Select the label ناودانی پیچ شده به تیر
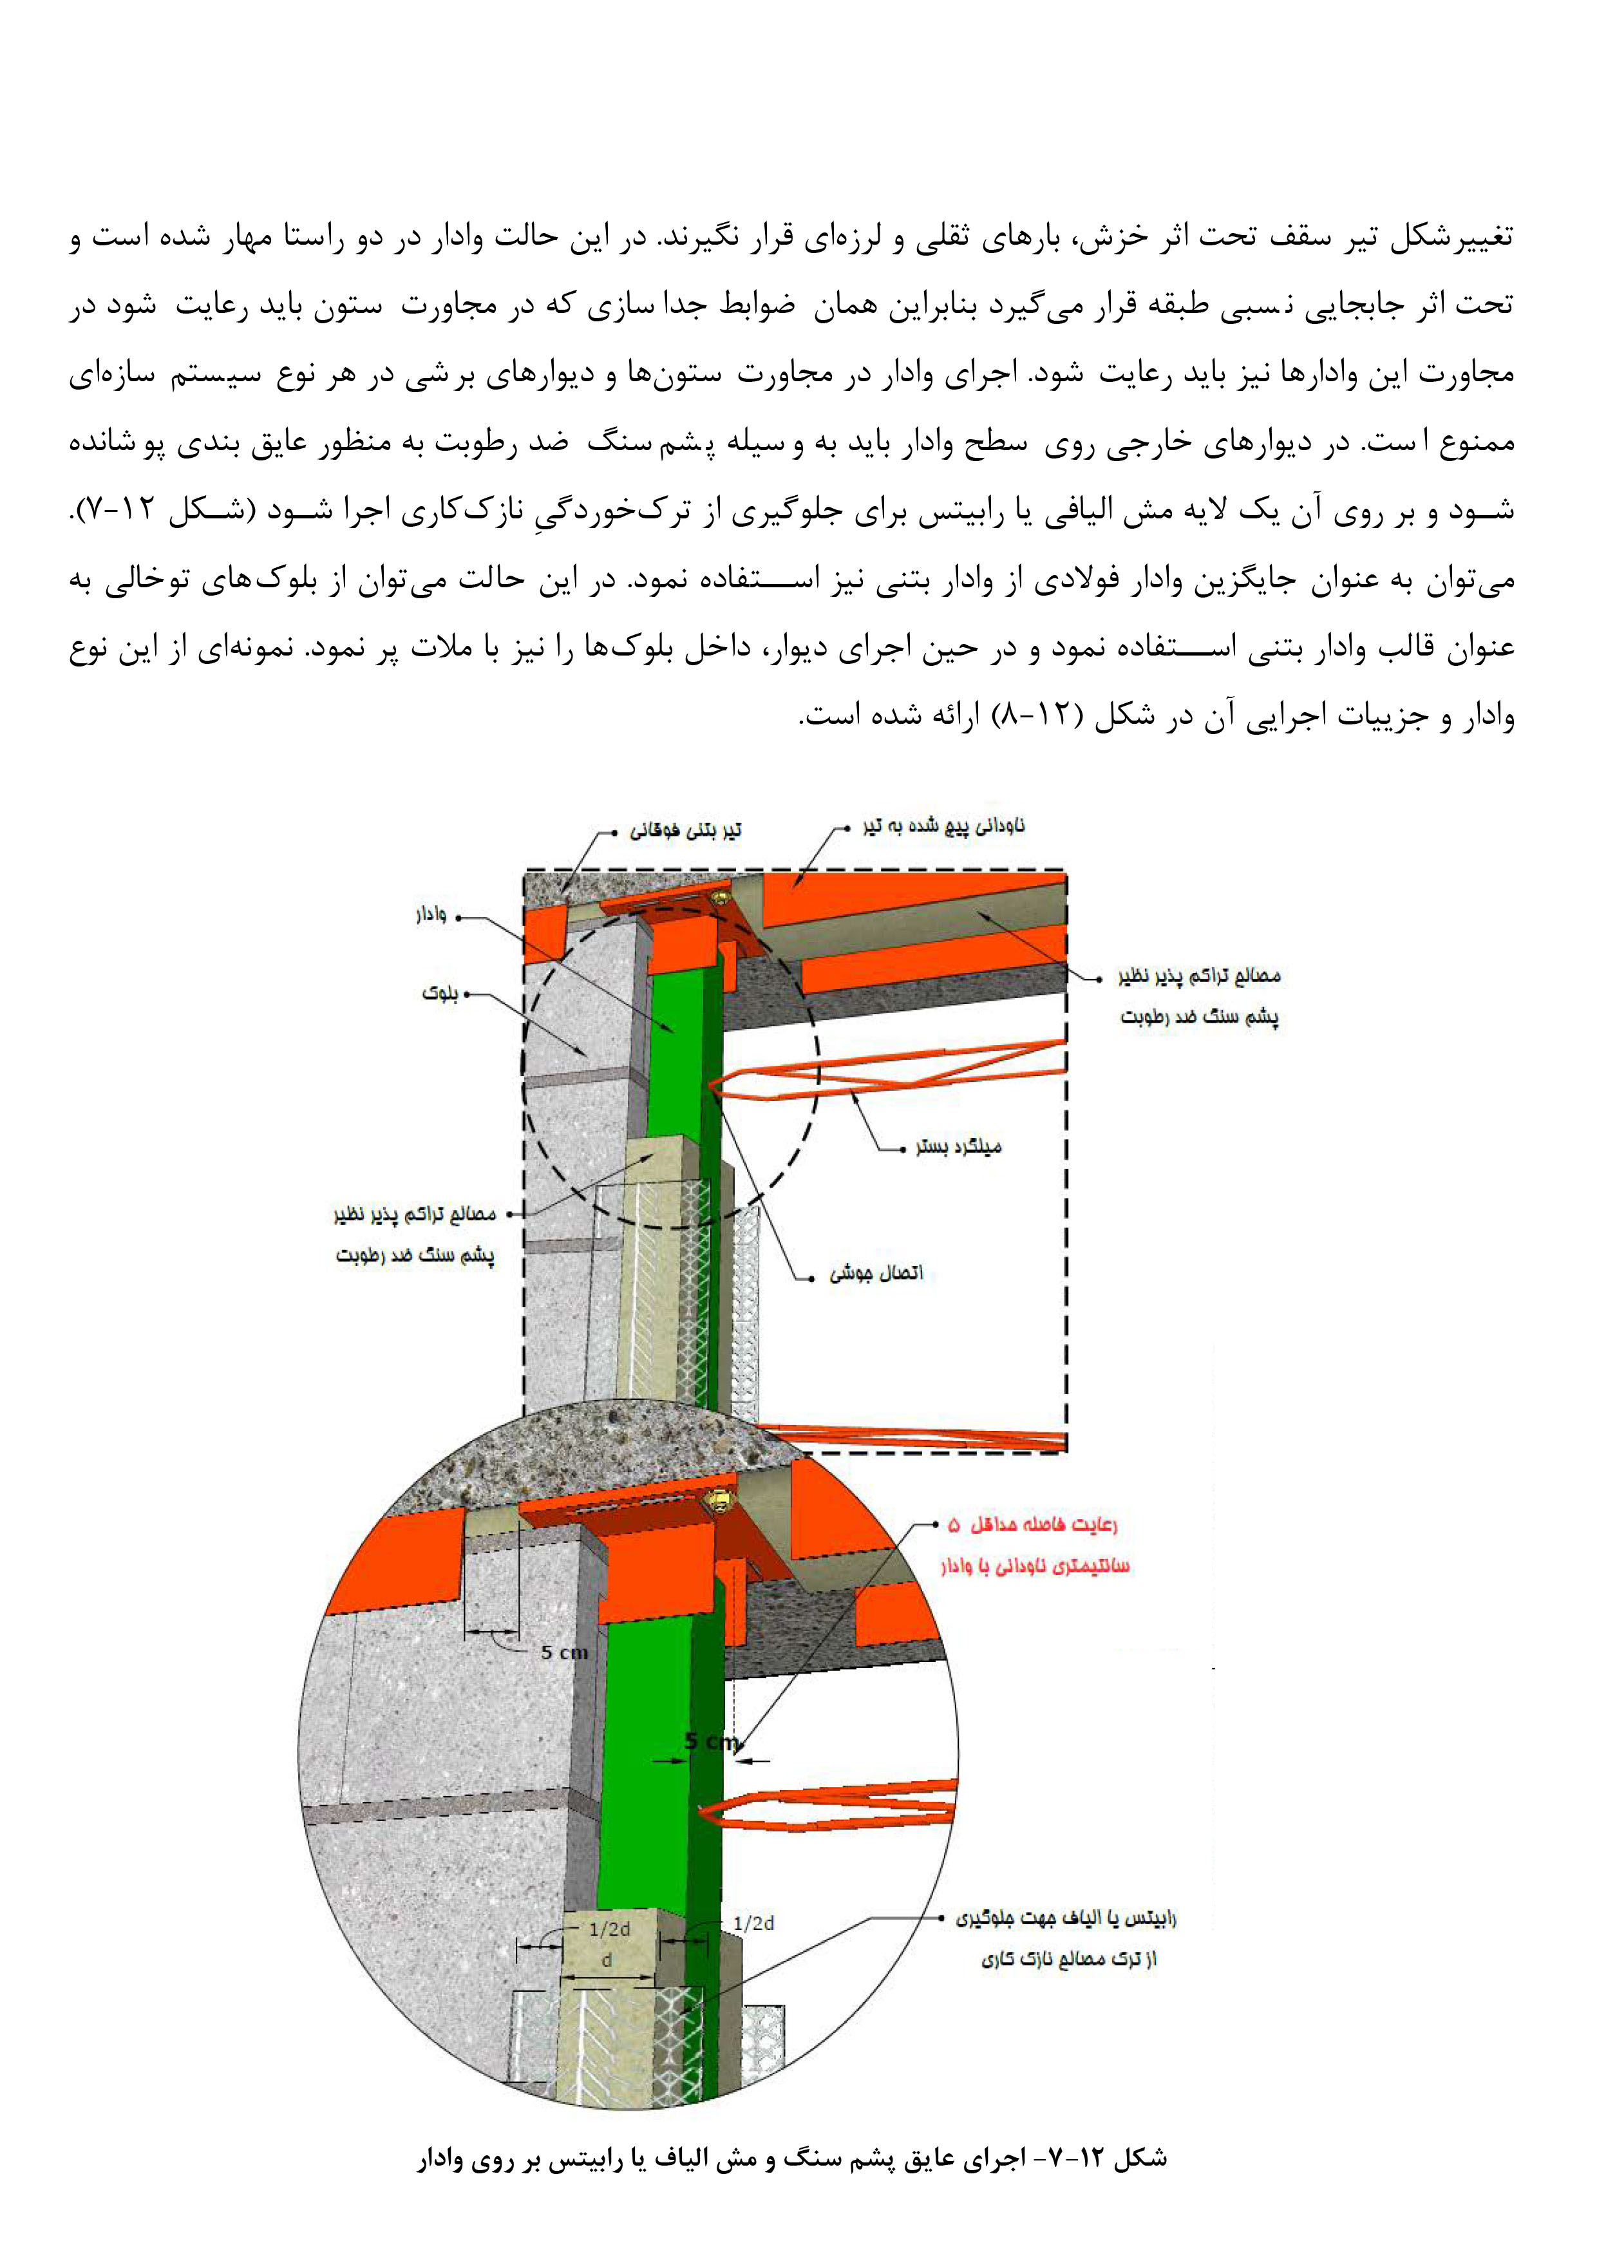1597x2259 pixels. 943,826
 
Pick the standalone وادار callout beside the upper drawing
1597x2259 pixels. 431,916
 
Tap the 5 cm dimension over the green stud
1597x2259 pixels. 710,1741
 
